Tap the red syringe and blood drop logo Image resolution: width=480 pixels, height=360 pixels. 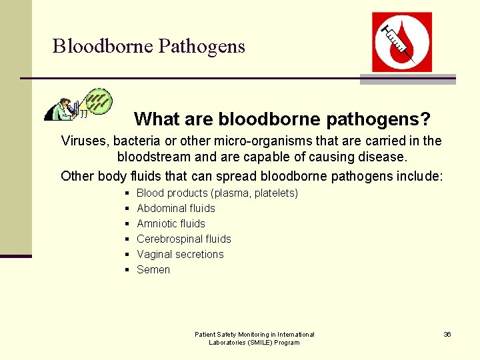[x=401, y=41]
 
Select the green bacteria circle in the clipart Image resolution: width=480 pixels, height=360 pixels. [x=100, y=101]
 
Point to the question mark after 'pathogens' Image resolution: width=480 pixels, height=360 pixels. [x=425, y=119]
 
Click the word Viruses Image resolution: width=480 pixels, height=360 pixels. [x=85, y=141]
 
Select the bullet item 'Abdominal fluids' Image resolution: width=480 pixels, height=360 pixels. [x=176, y=208]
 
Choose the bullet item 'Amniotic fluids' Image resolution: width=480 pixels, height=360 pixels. [x=171, y=223]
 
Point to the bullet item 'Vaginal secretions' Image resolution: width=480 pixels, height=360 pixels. [x=180, y=254]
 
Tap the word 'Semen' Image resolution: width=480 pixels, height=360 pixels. [x=153, y=269]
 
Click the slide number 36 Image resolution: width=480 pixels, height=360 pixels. [x=447, y=334]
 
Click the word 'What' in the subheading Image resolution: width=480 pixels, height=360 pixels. [x=153, y=119]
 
